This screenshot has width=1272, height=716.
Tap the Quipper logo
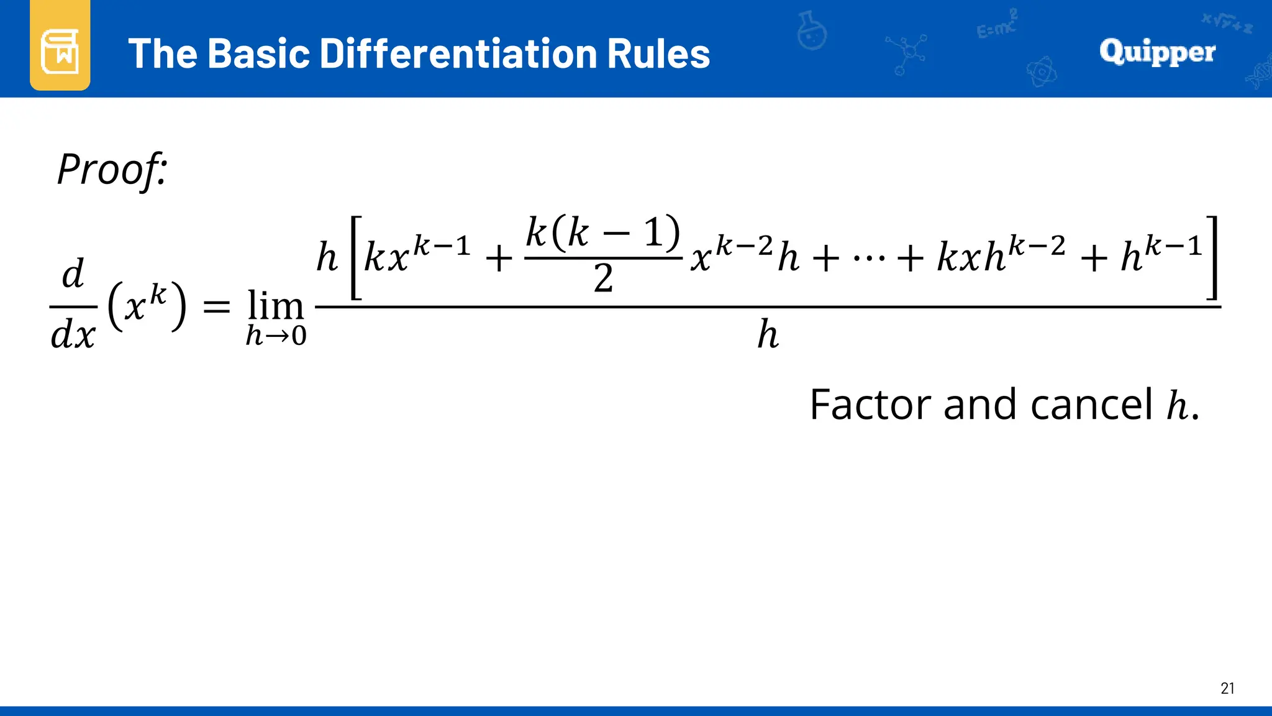tap(1157, 52)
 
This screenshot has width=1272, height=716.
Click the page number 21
tap(1227, 688)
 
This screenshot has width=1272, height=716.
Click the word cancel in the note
tap(1091, 405)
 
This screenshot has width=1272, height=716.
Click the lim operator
tap(276, 306)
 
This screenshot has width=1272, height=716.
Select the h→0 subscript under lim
tap(276, 336)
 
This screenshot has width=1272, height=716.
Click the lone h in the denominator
tap(768, 335)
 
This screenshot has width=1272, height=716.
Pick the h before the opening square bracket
tap(327, 257)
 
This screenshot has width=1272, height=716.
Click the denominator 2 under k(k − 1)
tap(603, 278)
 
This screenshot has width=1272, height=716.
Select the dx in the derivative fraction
tap(73, 336)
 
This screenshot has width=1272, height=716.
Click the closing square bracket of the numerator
tap(1212, 257)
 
